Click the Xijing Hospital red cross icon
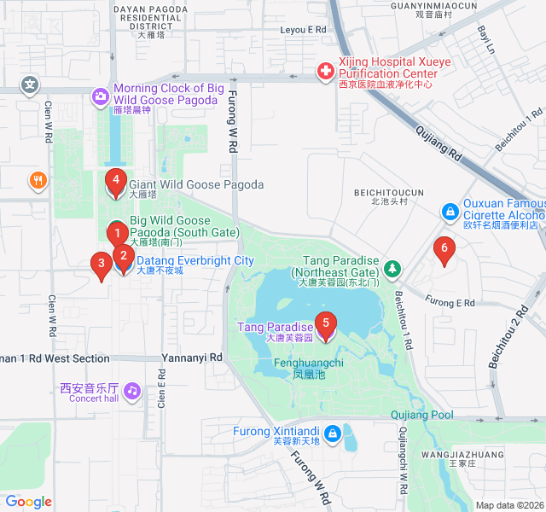(x=325, y=72)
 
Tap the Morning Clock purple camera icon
(x=100, y=94)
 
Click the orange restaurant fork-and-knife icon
(x=37, y=180)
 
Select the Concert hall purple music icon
(x=131, y=392)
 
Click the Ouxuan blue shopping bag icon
(x=449, y=211)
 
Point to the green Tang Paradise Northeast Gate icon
(x=392, y=269)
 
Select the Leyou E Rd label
(x=304, y=29)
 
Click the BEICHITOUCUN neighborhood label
(x=388, y=193)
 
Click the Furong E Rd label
(x=450, y=303)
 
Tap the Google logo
(x=28, y=502)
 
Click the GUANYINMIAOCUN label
(x=421, y=6)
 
